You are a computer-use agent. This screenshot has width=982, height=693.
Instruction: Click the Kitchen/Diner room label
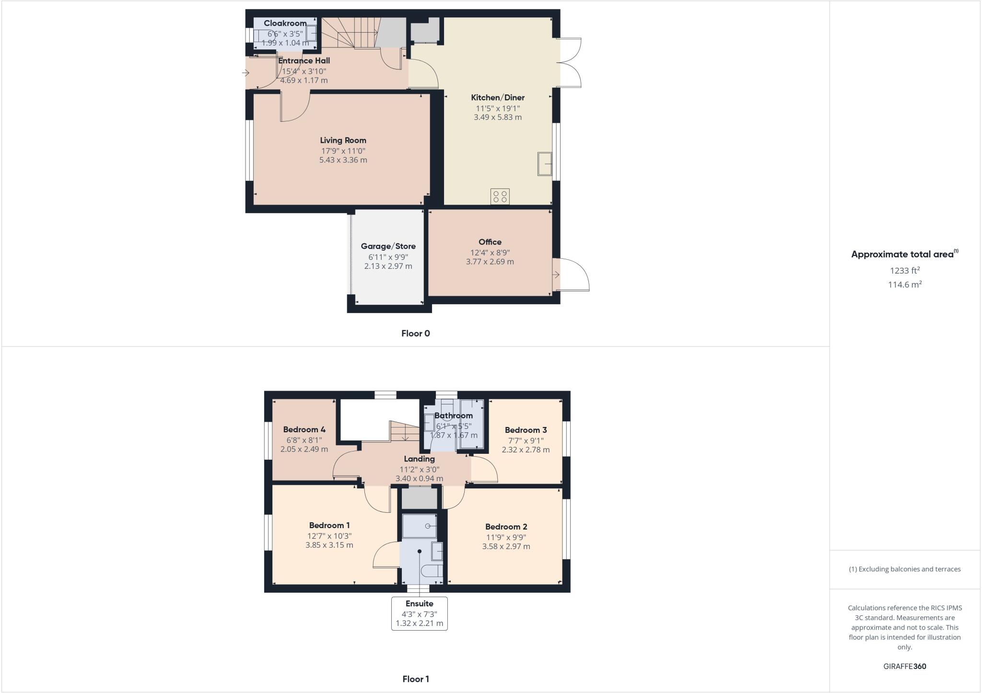click(498, 98)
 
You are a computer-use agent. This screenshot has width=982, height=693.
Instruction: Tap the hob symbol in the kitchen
click(500, 196)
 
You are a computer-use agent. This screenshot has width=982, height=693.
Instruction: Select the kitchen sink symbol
click(544, 164)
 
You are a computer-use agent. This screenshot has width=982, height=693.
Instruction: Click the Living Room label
click(343, 140)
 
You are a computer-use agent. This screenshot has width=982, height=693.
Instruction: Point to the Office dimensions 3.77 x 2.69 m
click(490, 262)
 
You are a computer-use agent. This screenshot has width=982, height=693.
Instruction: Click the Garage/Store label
click(388, 246)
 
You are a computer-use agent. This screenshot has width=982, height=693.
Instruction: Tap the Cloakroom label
click(285, 23)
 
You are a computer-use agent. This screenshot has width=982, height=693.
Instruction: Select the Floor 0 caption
click(415, 334)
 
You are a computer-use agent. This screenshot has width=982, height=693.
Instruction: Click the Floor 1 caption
click(415, 679)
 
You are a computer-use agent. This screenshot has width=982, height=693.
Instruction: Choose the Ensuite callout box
click(419, 613)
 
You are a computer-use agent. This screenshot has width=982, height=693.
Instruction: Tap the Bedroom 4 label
click(304, 430)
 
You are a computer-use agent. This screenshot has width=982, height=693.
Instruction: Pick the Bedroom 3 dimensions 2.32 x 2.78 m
click(526, 450)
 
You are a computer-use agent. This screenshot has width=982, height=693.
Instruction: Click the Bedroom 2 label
click(506, 527)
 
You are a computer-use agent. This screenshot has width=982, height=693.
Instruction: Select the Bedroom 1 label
click(329, 526)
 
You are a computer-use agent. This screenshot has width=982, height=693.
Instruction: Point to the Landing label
click(419, 459)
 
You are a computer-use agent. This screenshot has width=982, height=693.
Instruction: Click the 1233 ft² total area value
click(904, 271)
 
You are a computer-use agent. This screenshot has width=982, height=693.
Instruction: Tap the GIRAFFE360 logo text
click(904, 667)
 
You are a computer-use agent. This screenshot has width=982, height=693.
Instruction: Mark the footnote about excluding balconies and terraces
click(904, 569)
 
